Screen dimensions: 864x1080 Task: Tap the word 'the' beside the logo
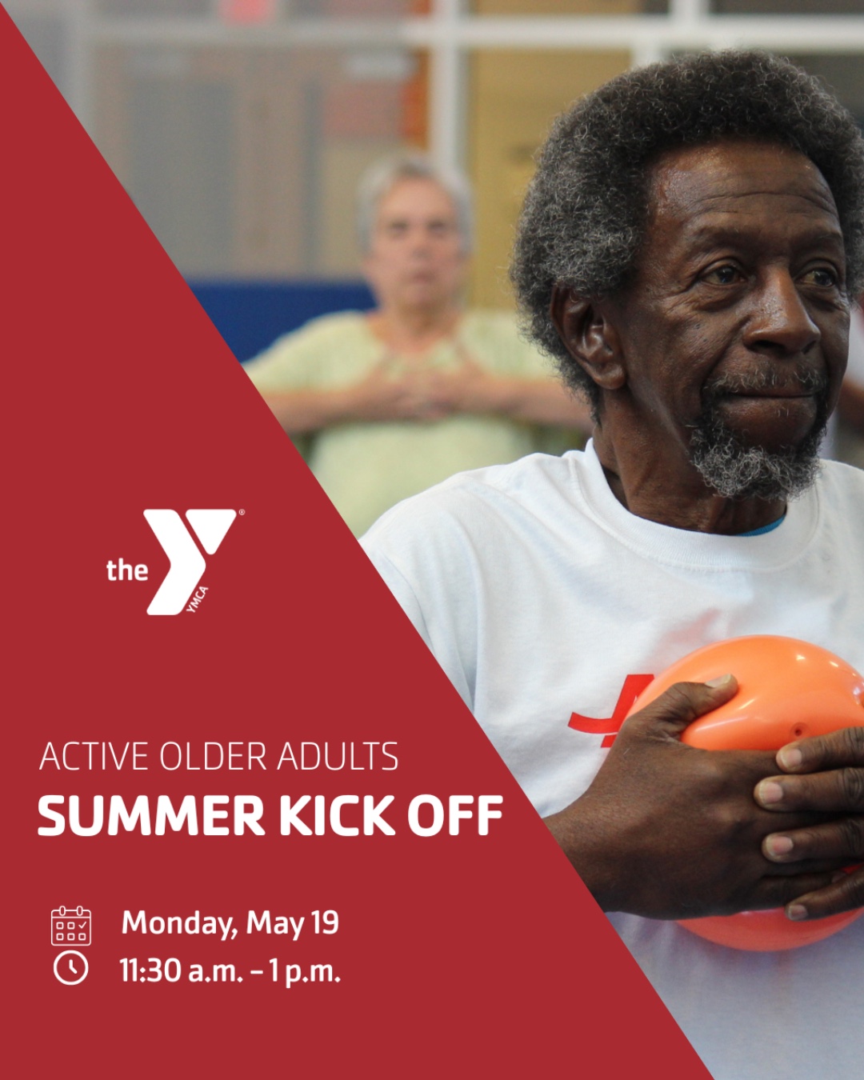pyautogui.click(x=127, y=570)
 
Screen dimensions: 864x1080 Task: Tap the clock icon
pyautogui.click(x=70, y=968)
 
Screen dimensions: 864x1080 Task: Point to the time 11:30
pyautogui.click(x=150, y=970)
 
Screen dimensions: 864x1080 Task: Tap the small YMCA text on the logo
pyautogui.click(x=197, y=599)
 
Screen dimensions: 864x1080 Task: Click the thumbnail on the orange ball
pyautogui.click(x=723, y=680)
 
